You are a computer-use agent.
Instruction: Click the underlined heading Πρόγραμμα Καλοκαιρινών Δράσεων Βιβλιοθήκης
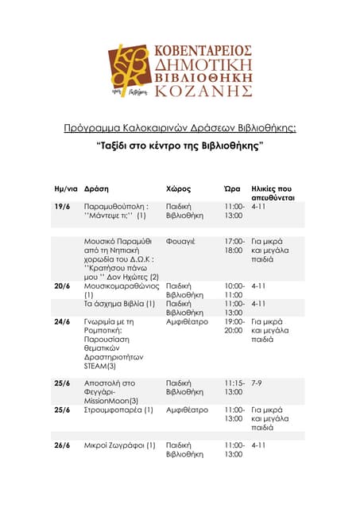coord(180,127)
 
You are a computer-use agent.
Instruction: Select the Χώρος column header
coord(178,189)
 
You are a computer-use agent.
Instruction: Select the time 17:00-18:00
coord(234,246)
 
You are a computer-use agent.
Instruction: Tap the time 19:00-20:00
coord(234,326)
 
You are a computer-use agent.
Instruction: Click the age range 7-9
coord(257,383)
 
